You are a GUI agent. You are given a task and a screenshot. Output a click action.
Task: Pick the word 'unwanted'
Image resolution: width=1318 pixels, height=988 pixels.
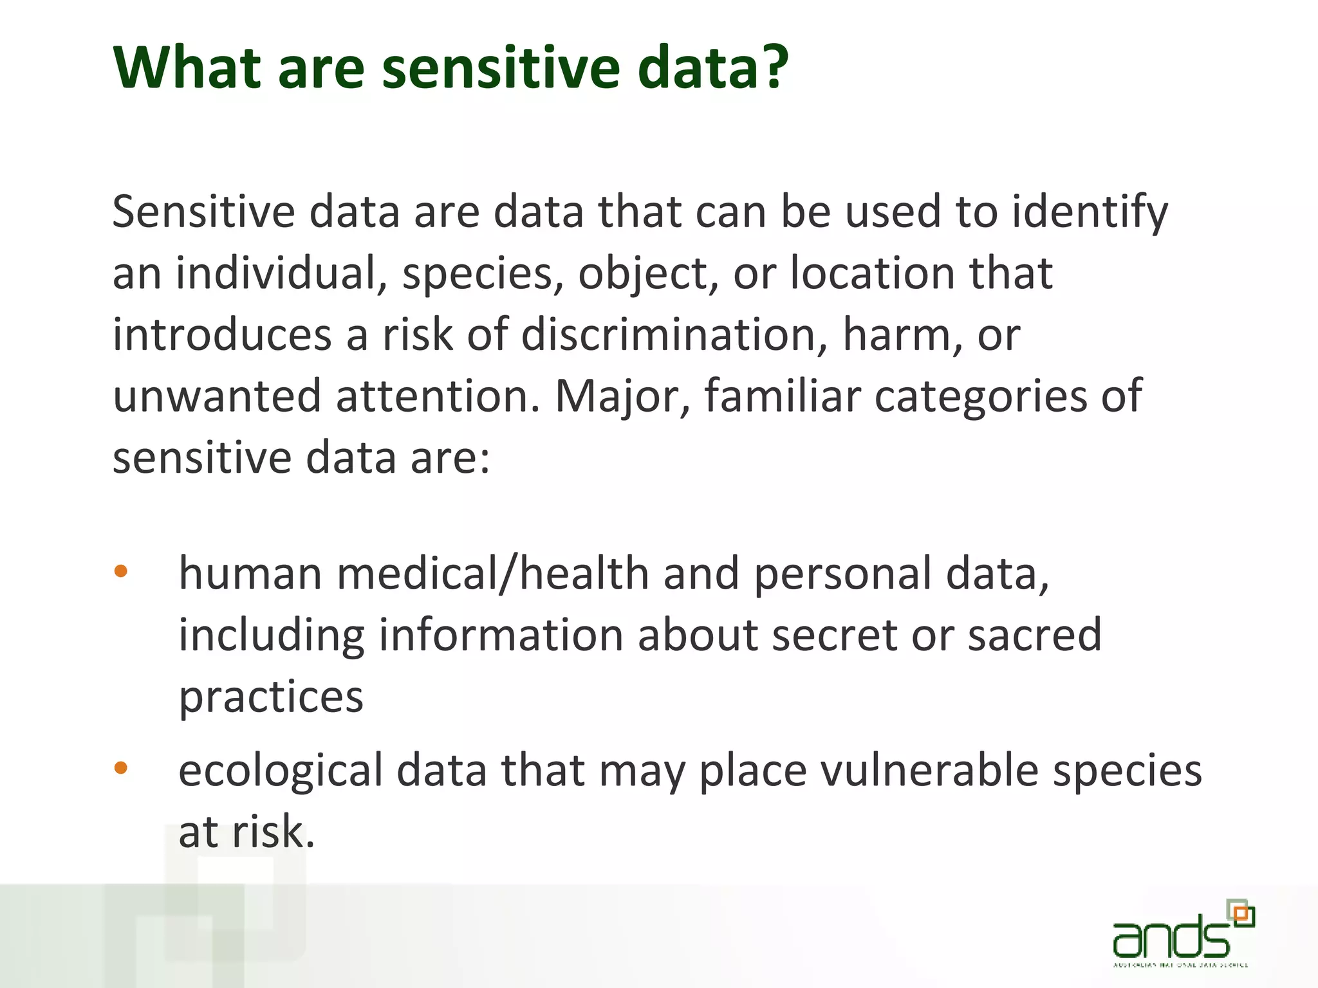pos(216,396)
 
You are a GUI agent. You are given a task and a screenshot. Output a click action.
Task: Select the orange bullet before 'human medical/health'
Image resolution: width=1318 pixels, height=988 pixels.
pos(120,571)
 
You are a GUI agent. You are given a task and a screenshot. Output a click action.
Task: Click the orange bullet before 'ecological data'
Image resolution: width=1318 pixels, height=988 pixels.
pos(120,767)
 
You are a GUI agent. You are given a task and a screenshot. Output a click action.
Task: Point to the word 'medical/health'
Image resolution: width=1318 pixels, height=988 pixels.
pos(492,574)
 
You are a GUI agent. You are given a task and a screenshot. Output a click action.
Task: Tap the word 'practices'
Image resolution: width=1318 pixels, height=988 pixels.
pos(271,697)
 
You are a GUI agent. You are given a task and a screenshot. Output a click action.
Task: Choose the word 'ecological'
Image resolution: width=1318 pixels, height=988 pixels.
pos(281,771)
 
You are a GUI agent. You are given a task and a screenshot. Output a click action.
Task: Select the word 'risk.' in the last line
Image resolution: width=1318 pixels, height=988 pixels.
pos(273,832)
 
